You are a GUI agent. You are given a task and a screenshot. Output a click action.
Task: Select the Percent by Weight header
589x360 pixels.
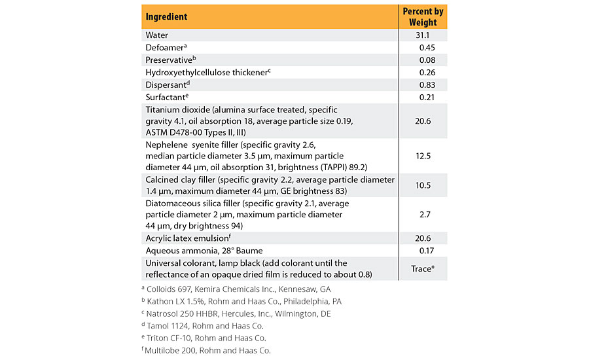(x=423, y=16)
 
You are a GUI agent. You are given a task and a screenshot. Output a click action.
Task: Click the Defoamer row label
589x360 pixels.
(x=168, y=47)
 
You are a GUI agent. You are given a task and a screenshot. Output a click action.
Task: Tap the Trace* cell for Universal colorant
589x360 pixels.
(x=423, y=268)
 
